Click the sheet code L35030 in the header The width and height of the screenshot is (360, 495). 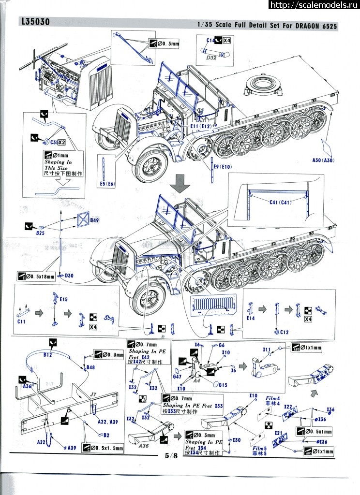pos(36,22)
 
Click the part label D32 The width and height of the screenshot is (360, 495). pos(211,57)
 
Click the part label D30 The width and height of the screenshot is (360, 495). pos(69,275)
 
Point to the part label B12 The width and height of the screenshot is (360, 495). pos(47,355)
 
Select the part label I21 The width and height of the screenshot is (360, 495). pos(278,434)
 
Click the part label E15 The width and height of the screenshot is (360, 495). pos(63,300)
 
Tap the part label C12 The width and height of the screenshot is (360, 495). pos(284,332)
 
